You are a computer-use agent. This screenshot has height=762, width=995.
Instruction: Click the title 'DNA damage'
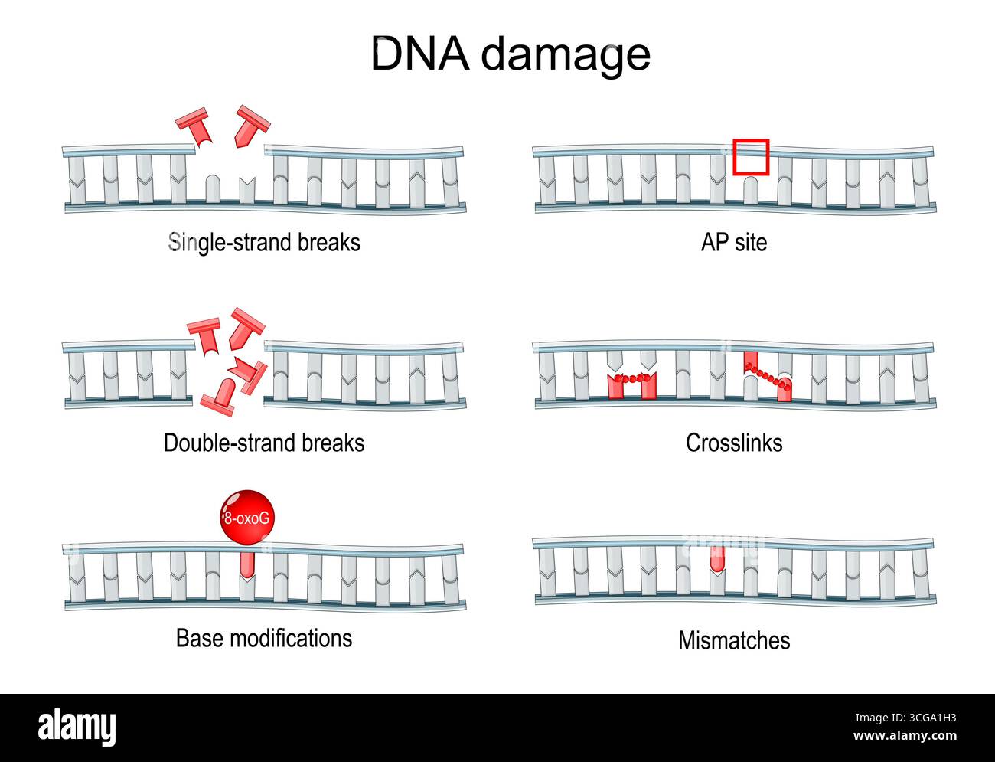[x=511, y=54]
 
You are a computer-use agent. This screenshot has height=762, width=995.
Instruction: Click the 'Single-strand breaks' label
[x=264, y=243]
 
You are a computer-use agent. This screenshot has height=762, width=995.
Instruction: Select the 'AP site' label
[x=733, y=243]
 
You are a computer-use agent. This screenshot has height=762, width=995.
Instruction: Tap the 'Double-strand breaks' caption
[x=264, y=443]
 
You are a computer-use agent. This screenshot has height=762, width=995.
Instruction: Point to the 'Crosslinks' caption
[x=733, y=443]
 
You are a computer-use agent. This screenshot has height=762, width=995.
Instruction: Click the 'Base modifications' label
[x=264, y=638]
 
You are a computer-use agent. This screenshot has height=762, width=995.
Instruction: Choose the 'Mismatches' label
[x=733, y=640]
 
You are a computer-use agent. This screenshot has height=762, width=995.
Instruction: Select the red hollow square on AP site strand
[x=750, y=157]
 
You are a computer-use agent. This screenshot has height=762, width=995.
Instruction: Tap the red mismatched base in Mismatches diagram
[x=717, y=559]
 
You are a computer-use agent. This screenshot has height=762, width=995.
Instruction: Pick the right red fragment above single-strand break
[x=250, y=126]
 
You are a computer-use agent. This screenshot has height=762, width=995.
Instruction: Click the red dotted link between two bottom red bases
[x=632, y=378]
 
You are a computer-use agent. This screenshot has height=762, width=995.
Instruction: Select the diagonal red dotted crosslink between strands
[x=768, y=376]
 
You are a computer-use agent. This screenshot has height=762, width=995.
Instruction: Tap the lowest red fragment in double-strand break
[x=219, y=394]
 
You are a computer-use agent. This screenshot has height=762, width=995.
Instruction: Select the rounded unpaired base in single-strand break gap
[x=214, y=188]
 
